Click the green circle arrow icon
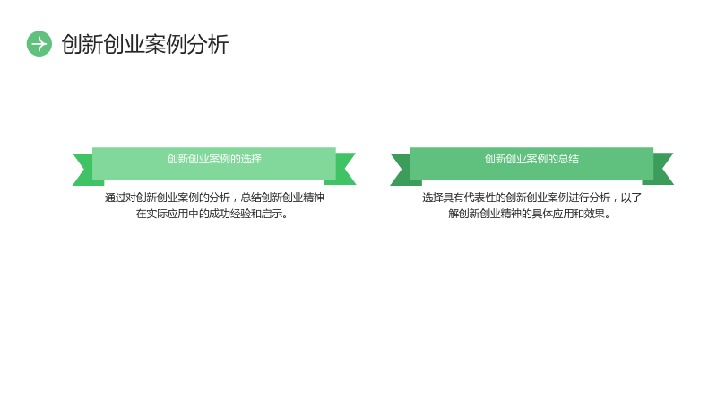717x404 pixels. coord(39,44)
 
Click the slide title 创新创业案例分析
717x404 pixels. coord(145,44)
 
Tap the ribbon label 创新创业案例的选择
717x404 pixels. coord(214,159)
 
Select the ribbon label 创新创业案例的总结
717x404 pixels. coord(531,159)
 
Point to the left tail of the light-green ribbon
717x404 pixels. coord(85,170)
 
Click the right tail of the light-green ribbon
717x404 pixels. coord(342,169)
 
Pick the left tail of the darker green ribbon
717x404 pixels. coord(403,170)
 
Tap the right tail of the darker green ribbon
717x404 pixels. coord(661,169)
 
